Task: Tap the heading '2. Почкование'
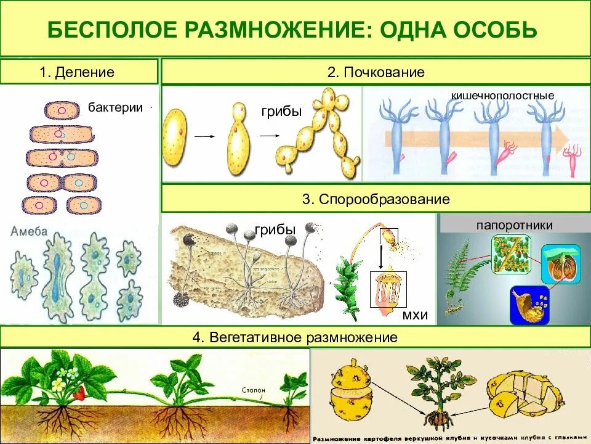[376, 72]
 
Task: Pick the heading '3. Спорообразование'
[376, 200]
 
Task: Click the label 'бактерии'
[115, 107]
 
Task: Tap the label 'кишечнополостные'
[502, 96]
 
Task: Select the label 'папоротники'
[513, 225]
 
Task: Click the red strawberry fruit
[79, 392]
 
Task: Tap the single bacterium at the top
[62, 110]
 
